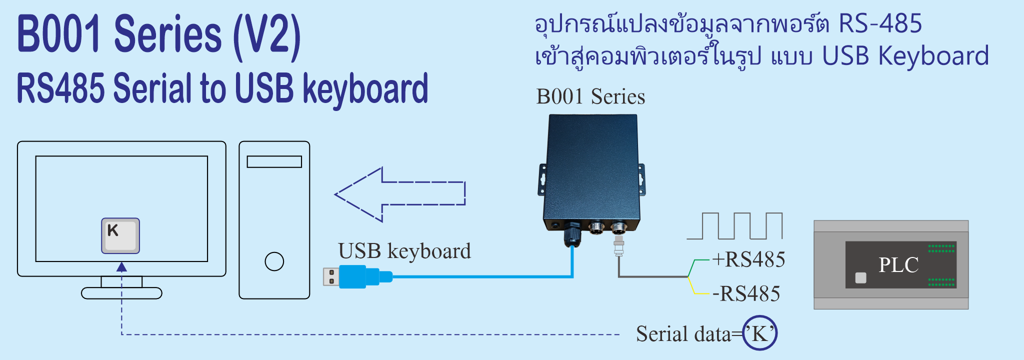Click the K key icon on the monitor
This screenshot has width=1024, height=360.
[120, 235]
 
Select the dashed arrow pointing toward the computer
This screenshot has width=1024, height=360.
[400, 194]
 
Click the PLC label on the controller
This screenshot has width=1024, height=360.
[898, 265]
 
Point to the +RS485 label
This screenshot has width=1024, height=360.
[748, 259]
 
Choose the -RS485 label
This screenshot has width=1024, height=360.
[746, 293]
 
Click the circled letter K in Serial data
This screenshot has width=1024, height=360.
[759, 333]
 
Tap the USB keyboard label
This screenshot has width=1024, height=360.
[404, 251]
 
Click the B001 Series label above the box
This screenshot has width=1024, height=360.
[590, 96]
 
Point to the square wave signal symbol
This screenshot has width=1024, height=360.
[734, 226]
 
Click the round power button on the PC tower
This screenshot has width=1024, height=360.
[274, 261]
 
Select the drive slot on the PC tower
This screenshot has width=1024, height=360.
[274, 161]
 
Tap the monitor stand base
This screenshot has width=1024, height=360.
[121, 293]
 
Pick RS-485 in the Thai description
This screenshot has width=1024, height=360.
[880, 24]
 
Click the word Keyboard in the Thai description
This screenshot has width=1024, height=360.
[933, 56]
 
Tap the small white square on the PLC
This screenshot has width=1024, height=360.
[860, 277]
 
